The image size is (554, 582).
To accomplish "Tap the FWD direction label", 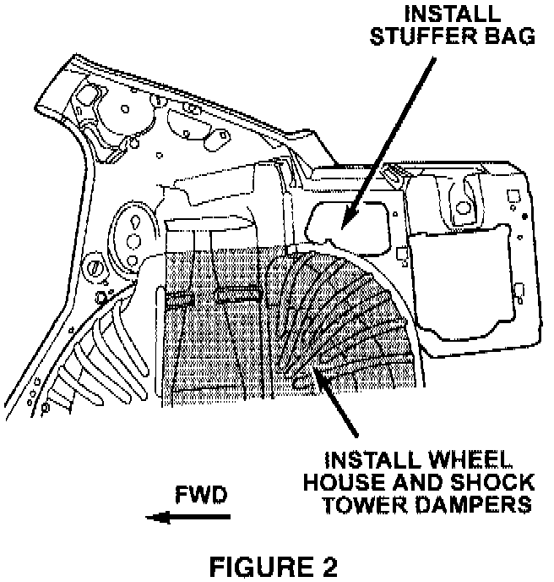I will pos(200,495).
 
